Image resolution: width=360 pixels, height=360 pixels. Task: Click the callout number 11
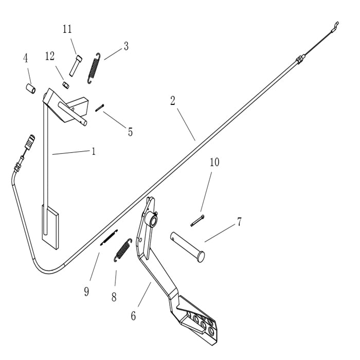point(67,29)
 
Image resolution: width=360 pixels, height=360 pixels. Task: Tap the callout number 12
point(50,57)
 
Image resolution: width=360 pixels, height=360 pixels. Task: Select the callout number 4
point(25,58)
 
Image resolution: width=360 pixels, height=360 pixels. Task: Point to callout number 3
point(125,46)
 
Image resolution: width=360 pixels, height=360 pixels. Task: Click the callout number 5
point(130,132)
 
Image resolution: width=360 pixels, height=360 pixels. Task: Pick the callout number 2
point(173,100)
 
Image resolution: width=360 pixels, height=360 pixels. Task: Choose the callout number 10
point(214,163)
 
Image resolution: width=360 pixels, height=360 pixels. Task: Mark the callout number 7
point(239,222)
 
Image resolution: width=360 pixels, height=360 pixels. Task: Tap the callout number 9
point(86,292)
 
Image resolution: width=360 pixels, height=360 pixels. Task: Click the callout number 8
point(114,297)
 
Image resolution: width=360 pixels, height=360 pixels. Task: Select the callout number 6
point(133,316)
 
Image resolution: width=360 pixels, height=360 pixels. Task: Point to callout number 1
point(93,151)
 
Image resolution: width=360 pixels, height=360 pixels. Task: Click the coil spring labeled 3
point(94,67)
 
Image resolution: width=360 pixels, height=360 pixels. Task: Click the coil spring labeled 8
point(122,250)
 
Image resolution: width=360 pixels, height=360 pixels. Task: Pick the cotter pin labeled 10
point(197,220)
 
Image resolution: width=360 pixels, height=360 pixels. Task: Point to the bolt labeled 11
point(76,66)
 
